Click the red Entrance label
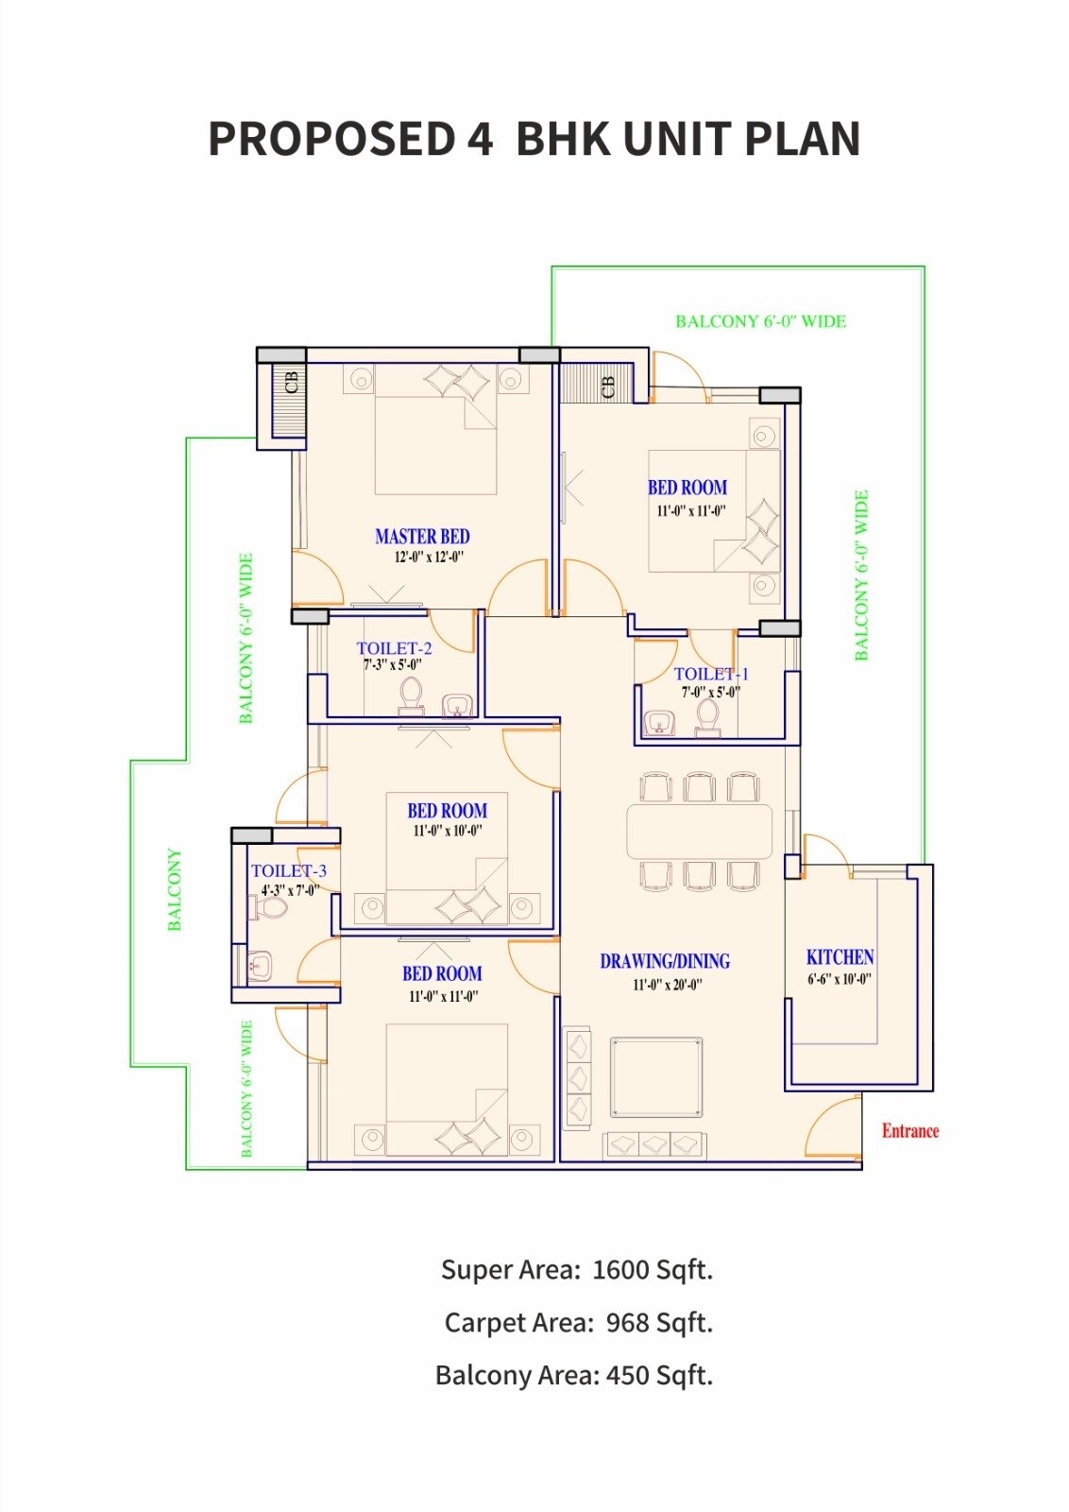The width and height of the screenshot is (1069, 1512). click(909, 1130)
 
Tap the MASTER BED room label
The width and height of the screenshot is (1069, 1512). click(422, 536)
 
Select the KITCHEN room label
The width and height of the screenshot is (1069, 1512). click(840, 956)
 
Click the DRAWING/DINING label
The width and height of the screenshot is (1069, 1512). click(665, 961)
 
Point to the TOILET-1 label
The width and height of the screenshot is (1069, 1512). click(711, 674)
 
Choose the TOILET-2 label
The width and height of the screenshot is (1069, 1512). click(394, 648)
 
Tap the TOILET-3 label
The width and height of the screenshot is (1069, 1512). click(288, 870)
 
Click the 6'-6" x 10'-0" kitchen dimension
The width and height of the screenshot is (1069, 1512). click(839, 980)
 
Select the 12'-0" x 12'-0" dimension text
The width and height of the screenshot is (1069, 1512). click(429, 558)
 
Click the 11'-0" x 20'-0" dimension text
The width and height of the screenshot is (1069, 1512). click(667, 985)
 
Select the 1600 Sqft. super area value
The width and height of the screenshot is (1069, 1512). click(652, 1269)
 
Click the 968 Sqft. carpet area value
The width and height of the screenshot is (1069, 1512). click(659, 1322)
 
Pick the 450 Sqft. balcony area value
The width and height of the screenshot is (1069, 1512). click(659, 1375)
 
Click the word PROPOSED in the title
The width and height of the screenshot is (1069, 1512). click(331, 139)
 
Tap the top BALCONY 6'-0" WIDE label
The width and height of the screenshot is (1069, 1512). click(760, 321)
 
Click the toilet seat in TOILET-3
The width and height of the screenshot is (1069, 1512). click(271, 909)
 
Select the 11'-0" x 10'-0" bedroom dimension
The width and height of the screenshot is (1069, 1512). click(448, 832)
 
